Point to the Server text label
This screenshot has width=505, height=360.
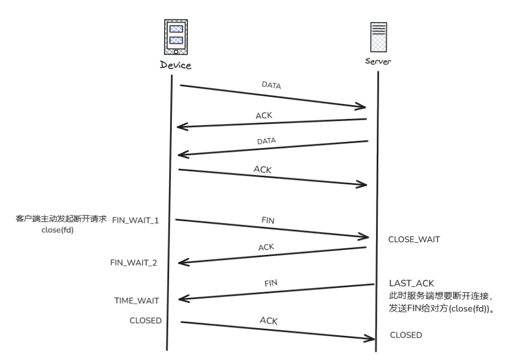tap(378, 61)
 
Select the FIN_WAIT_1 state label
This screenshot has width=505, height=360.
tap(135, 220)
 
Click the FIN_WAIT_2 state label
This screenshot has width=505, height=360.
tap(134, 262)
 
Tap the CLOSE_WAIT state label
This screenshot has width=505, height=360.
tap(414, 240)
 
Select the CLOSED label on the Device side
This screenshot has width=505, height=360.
tap(145, 320)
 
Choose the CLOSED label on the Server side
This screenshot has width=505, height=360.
tap(406, 335)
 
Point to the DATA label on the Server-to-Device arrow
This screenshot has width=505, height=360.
tap(266, 141)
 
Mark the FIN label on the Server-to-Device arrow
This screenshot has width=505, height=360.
tap(270, 283)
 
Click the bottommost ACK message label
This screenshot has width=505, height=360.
tap(268, 320)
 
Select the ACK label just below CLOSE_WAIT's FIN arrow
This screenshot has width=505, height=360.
tap(267, 247)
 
